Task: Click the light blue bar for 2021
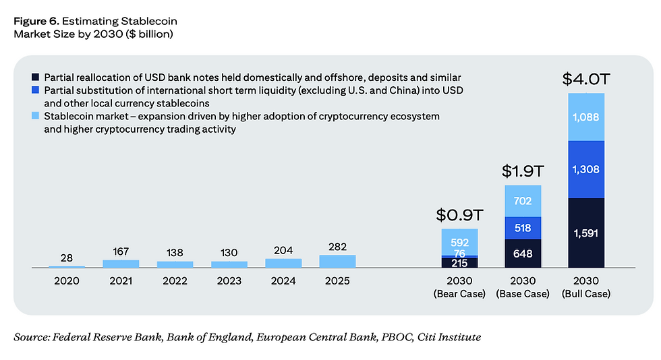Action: pyautogui.click(x=121, y=264)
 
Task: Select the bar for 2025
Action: pyautogui.click(x=337, y=262)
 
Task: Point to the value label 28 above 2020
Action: pyautogui.click(x=67, y=258)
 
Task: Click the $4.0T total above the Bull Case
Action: pyautogui.click(x=585, y=80)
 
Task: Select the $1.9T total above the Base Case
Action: pyautogui.click(x=523, y=172)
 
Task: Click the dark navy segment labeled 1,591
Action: pyautogui.click(x=586, y=233)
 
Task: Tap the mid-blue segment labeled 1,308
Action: pyautogui.click(x=586, y=169)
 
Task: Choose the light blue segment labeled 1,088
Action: pyautogui.click(x=586, y=117)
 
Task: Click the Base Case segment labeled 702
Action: pyautogui.click(x=523, y=201)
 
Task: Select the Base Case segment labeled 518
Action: pyautogui.click(x=523, y=228)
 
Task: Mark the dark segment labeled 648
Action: pyautogui.click(x=523, y=254)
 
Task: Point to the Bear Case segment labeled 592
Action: pyautogui.click(x=459, y=242)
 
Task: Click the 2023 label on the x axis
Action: pyautogui.click(x=229, y=280)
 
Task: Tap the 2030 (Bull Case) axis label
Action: pyautogui.click(x=585, y=287)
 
